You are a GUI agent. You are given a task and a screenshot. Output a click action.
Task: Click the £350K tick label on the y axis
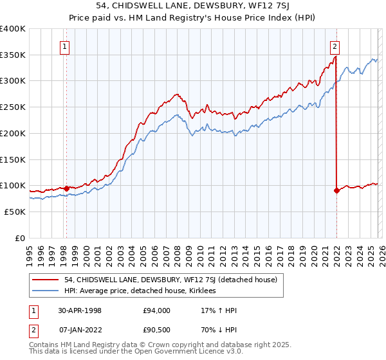[13, 55]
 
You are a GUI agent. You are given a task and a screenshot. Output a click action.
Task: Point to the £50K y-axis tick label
[15, 212]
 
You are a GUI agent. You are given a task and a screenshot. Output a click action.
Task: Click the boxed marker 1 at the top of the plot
[66, 46]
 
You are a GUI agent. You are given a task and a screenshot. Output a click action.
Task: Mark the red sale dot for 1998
[66, 188]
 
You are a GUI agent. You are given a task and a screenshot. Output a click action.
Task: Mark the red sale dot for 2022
[336, 190]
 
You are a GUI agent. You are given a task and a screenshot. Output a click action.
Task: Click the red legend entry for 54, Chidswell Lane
[170, 280]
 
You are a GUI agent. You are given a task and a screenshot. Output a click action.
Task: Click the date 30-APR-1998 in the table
[80, 310]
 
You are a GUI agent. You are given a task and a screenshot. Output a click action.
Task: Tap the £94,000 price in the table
[157, 310]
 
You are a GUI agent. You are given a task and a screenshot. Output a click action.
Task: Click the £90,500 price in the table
[157, 330]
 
